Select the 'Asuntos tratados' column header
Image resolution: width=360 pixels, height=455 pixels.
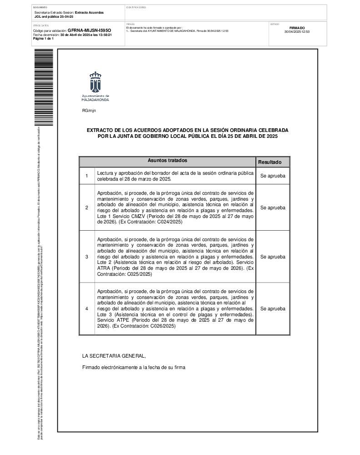click(167, 161)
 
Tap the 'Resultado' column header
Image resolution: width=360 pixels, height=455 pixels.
click(270, 162)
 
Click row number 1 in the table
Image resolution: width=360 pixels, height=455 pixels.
click(87, 176)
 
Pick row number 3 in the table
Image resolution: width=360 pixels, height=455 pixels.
click(87, 257)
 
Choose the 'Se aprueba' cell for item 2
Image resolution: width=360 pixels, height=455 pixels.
click(273, 207)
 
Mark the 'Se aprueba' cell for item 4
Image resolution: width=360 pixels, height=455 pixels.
click(273, 308)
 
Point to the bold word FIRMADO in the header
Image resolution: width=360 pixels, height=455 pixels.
click(297, 28)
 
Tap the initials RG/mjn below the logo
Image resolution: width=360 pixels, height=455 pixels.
click(89, 111)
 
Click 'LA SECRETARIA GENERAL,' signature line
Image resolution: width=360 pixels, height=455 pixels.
click(114, 356)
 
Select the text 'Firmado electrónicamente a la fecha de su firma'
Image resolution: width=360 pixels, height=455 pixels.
click(134, 367)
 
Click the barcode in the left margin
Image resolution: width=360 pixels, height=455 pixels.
click(44, 86)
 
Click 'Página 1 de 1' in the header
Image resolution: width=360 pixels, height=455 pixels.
click(43, 39)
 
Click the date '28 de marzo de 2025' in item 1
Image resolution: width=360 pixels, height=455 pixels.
click(146, 179)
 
